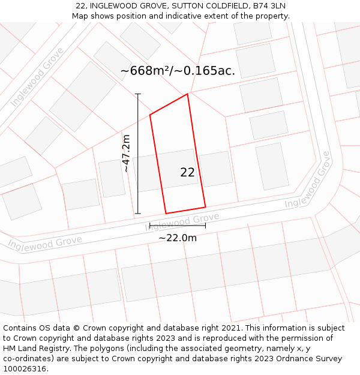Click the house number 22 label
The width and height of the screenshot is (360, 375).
coord(187,173)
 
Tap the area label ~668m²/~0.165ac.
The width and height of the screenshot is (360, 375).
coord(178,71)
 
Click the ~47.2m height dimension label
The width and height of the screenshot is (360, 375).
coord(127,154)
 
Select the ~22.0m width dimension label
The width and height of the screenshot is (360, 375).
coord(178,238)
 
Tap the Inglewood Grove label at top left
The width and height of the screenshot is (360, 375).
coord(37,78)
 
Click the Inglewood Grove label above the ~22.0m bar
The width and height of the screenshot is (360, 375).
coord(182,221)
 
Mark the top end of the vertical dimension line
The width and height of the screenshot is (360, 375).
coord(138,94)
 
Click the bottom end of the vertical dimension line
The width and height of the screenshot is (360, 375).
coord(138,213)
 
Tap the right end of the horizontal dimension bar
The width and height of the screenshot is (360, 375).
coord(205,226)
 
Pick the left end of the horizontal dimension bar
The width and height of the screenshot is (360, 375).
coord(150,226)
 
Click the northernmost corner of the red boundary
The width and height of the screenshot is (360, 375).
coord(188,94)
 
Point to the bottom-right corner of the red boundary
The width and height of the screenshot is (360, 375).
coord(205,207)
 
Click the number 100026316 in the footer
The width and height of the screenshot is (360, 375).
coord(25,369)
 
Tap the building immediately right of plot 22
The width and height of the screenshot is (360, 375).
coord(216,169)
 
